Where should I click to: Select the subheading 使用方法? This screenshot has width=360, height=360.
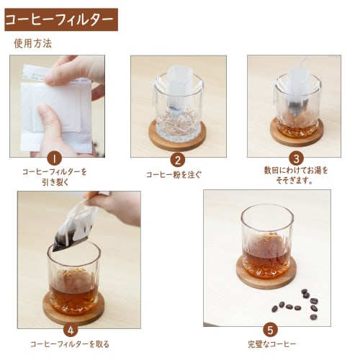[x=32, y=43]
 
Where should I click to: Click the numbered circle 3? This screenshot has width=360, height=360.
[x=295, y=158]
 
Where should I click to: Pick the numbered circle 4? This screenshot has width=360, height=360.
[x=71, y=330]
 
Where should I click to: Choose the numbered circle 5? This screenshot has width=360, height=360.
[x=270, y=330]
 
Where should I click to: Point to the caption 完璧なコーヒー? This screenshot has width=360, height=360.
[x=270, y=344]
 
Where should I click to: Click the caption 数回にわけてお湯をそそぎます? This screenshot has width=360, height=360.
[x=295, y=175]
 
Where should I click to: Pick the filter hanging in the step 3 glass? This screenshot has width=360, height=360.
[x=297, y=90]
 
